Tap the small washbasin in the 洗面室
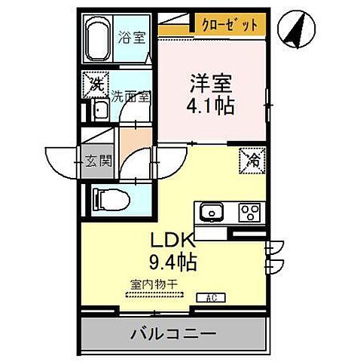coord(99,112)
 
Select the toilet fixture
coord(109,200)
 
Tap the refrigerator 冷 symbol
coord(252,159)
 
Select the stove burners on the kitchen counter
coord(249,212)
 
